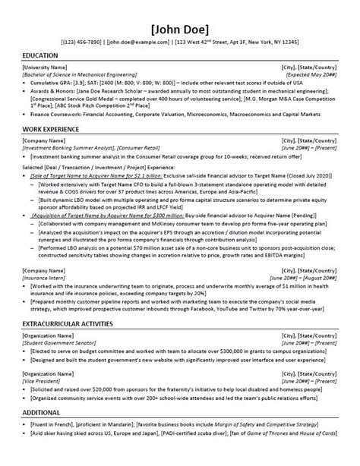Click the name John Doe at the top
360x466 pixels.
tap(180, 30)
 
